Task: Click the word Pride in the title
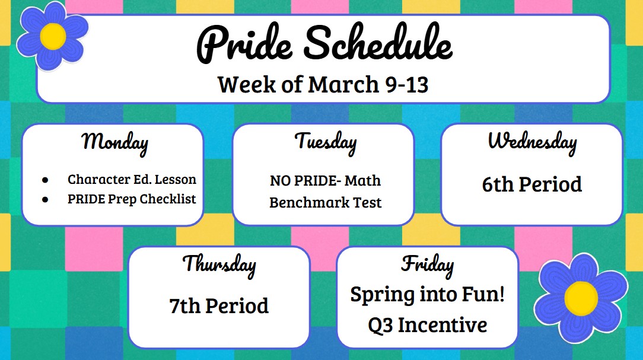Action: click(244, 44)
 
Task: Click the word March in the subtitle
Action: click(343, 84)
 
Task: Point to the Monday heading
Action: click(115, 144)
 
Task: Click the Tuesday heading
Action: click(326, 143)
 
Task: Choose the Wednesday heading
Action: click(532, 142)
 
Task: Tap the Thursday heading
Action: click(219, 265)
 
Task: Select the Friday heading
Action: click(427, 265)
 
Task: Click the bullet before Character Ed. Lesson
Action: click(45, 180)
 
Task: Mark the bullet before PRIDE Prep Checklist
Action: click(45, 199)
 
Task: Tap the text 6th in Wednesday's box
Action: click(498, 184)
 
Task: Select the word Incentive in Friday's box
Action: click(443, 325)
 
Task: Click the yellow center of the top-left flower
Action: click(53, 37)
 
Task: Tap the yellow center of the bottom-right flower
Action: click(581, 298)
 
